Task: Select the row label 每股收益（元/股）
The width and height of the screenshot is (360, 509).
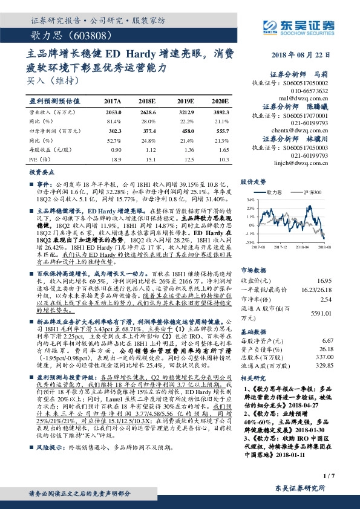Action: pos(48,149)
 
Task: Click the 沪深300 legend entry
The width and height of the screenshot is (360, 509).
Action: pos(309,192)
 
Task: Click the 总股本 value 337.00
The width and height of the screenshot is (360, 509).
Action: pos(324,356)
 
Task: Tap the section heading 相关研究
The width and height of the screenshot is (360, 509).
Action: pos(254,377)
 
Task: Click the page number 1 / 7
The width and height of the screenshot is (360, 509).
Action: pos(329,477)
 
